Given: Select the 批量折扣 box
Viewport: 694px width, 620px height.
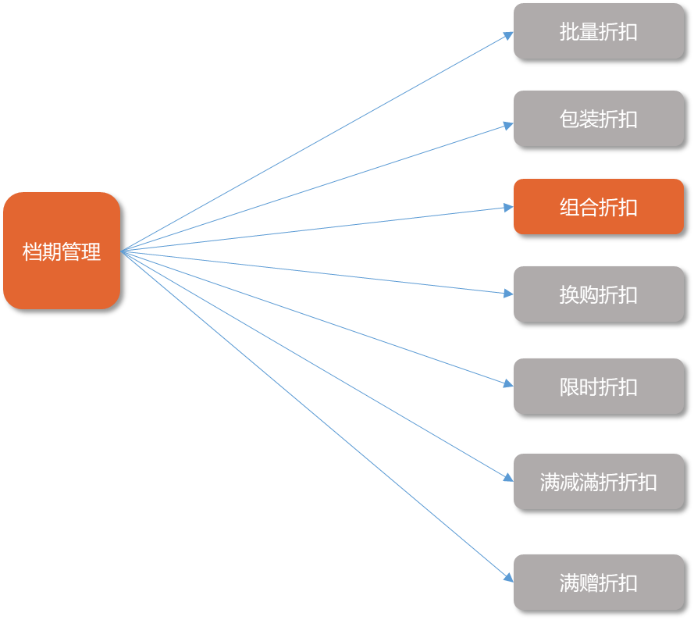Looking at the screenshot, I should pos(598,31).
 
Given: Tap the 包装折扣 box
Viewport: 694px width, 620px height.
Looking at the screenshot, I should pos(598,119).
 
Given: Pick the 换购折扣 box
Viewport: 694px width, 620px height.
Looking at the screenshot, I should pos(598,294).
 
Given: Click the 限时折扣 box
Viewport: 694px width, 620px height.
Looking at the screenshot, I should pos(598,387).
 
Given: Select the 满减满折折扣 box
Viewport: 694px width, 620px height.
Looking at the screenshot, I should pos(598,482).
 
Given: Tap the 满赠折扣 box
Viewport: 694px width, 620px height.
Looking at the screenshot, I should pos(598,583).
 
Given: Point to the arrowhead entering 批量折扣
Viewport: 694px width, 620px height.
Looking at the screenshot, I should pos(509,34).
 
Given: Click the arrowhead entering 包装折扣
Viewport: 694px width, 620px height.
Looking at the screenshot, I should pos(509,125).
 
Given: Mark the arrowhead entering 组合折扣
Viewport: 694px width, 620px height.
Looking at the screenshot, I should pos(509,208).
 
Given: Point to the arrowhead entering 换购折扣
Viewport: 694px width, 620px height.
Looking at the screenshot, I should pos(509,294).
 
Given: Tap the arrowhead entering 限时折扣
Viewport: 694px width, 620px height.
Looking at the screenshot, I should pos(509,383).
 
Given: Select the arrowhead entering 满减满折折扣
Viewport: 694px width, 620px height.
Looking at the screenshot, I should pos(509,477).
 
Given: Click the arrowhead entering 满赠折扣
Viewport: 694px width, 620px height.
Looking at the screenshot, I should pos(509,578).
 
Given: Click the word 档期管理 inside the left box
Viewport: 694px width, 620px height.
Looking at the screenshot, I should pos(62,252).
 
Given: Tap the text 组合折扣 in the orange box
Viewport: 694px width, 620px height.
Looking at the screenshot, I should pos(598,208).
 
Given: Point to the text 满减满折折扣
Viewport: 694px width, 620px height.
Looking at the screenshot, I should pos(598,482).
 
